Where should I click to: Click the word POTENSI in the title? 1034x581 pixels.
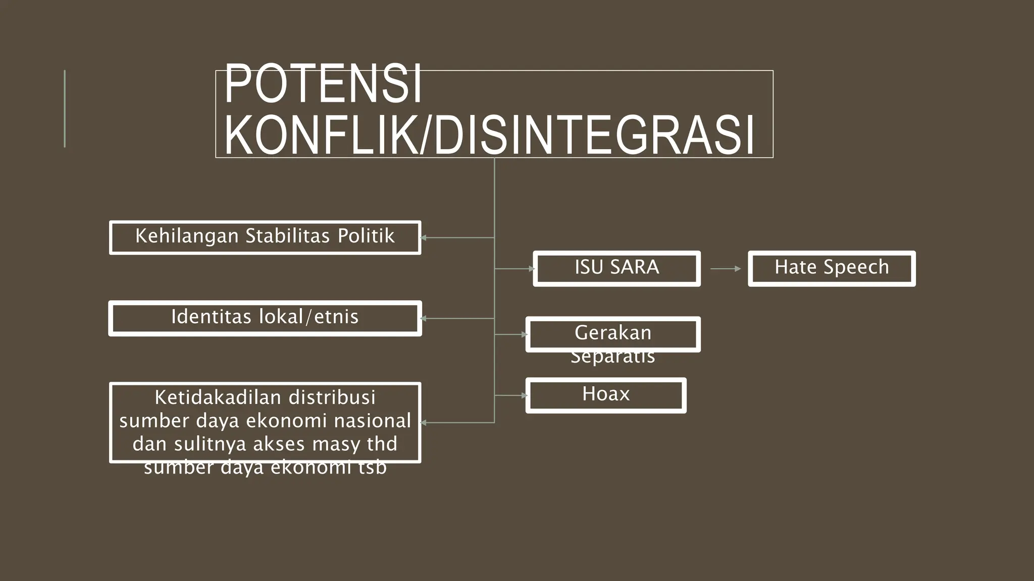[323, 84]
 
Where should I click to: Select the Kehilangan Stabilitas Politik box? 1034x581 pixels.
[265, 237]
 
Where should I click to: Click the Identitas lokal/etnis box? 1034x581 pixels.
[265, 318]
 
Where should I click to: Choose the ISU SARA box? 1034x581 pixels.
[616, 268]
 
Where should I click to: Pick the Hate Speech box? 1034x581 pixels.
[832, 268]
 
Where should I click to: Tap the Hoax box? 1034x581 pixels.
[605, 395]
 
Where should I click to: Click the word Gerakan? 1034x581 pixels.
[613, 333]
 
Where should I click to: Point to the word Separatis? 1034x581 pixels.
[613, 357]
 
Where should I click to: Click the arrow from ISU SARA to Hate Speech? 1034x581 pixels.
[725, 269]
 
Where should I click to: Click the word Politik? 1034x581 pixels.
[366, 236]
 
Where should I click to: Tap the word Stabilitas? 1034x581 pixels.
[287, 236]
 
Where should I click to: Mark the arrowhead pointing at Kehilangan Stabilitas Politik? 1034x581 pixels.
[423, 238]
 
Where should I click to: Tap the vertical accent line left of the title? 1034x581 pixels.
[65, 108]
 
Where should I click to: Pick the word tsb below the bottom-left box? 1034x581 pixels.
[373, 468]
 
